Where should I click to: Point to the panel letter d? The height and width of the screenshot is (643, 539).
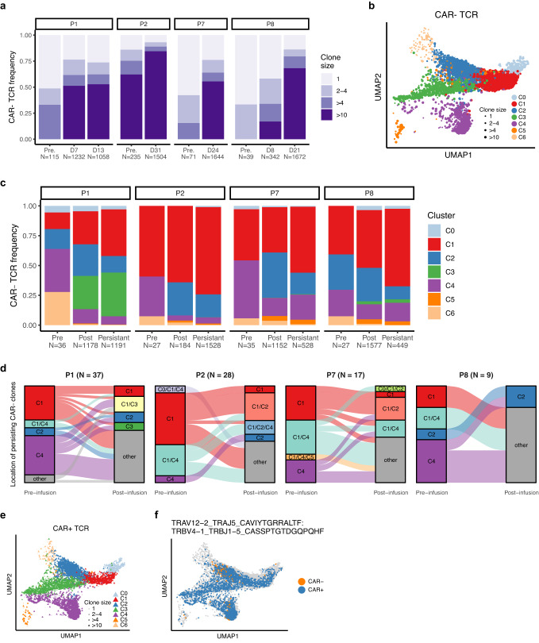click(x=5, y=367)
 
